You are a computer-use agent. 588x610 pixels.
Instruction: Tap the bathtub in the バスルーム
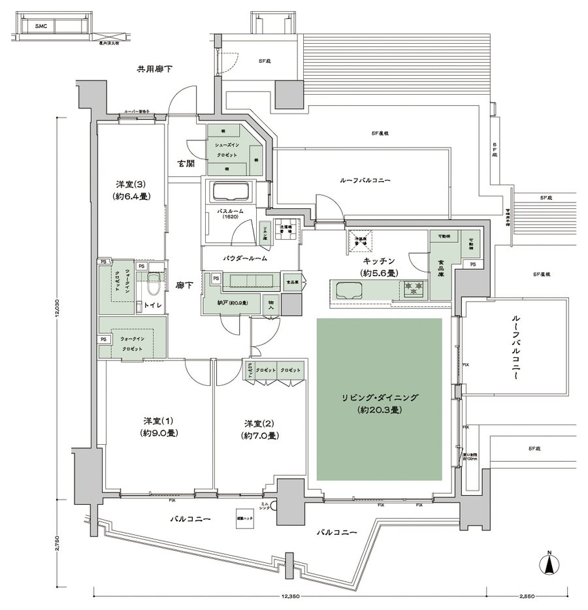coord(230,193)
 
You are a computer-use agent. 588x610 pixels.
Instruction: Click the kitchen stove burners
coord(414,287)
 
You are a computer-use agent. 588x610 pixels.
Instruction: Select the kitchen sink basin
coord(350,289)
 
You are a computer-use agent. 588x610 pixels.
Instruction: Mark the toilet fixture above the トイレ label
coord(154,283)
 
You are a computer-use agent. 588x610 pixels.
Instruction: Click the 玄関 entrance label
coord(185,164)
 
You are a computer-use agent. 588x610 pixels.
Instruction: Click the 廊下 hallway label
coord(183,285)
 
